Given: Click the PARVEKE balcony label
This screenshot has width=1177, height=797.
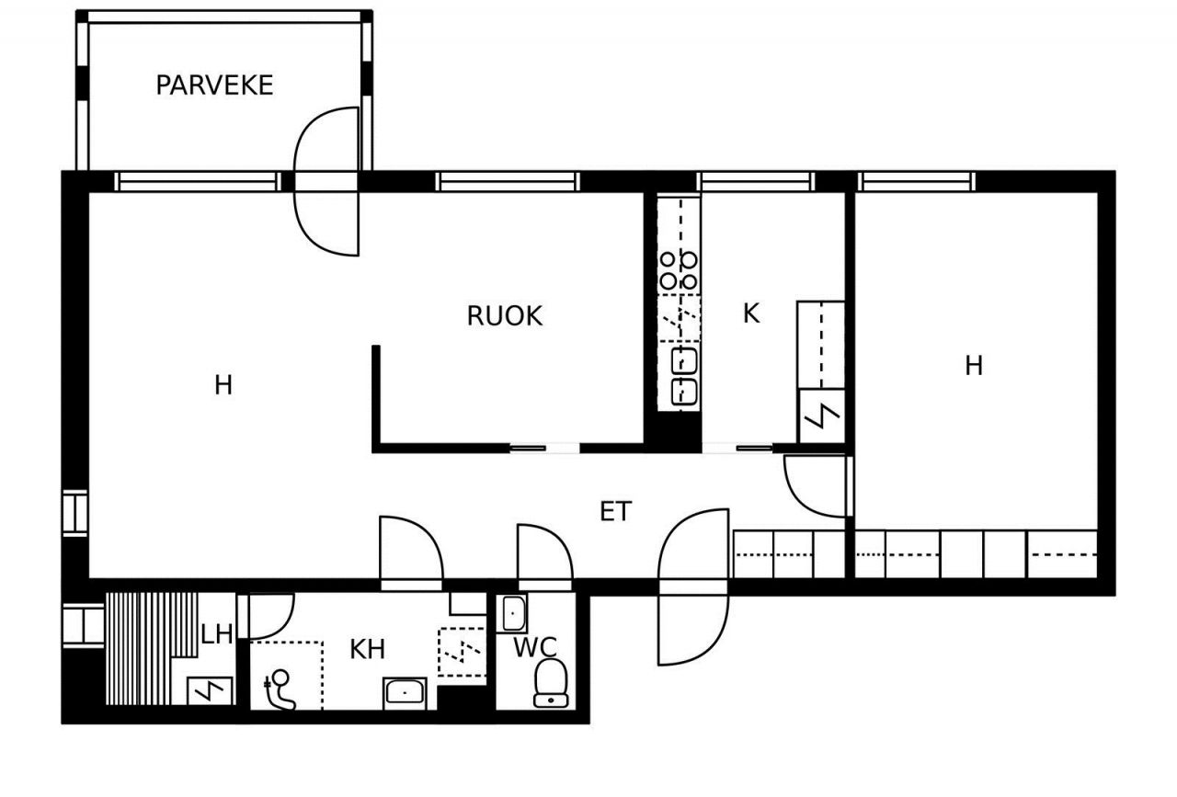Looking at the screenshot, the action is click(x=214, y=85).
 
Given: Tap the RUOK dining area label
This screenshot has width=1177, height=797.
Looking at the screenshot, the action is click(x=505, y=315).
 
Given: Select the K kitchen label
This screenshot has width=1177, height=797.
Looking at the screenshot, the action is click(x=751, y=313).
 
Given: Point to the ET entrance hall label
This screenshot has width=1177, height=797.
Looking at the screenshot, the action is click(x=616, y=511).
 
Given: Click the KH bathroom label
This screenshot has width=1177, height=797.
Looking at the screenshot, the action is click(x=367, y=649).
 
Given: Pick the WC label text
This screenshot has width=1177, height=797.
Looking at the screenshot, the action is click(x=535, y=647).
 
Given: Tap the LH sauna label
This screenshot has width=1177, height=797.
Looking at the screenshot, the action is click(x=216, y=634).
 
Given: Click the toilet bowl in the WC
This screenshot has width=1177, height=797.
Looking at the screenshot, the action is click(x=551, y=683).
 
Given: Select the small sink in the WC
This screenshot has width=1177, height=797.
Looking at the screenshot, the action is click(x=513, y=613).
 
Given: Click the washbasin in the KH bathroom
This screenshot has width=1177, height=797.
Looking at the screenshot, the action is click(x=405, y=693).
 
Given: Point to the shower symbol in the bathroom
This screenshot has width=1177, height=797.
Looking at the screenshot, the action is click(x=280, y=689).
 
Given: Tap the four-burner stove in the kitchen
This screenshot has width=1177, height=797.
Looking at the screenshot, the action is click(x=679, y=270).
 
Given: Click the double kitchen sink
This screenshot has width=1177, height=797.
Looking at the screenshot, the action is click(x=683, y=376).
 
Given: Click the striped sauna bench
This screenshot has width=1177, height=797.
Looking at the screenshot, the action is click(x=152, y=648).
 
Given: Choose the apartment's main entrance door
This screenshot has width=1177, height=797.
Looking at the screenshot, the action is click(x=693, y=586).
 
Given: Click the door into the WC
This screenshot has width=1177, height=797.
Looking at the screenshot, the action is click(x=545, y=557).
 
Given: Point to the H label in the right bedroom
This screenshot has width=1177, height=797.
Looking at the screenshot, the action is click(x=974, y=366).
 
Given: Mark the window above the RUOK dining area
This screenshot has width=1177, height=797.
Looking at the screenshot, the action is click(x=508, y=182).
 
